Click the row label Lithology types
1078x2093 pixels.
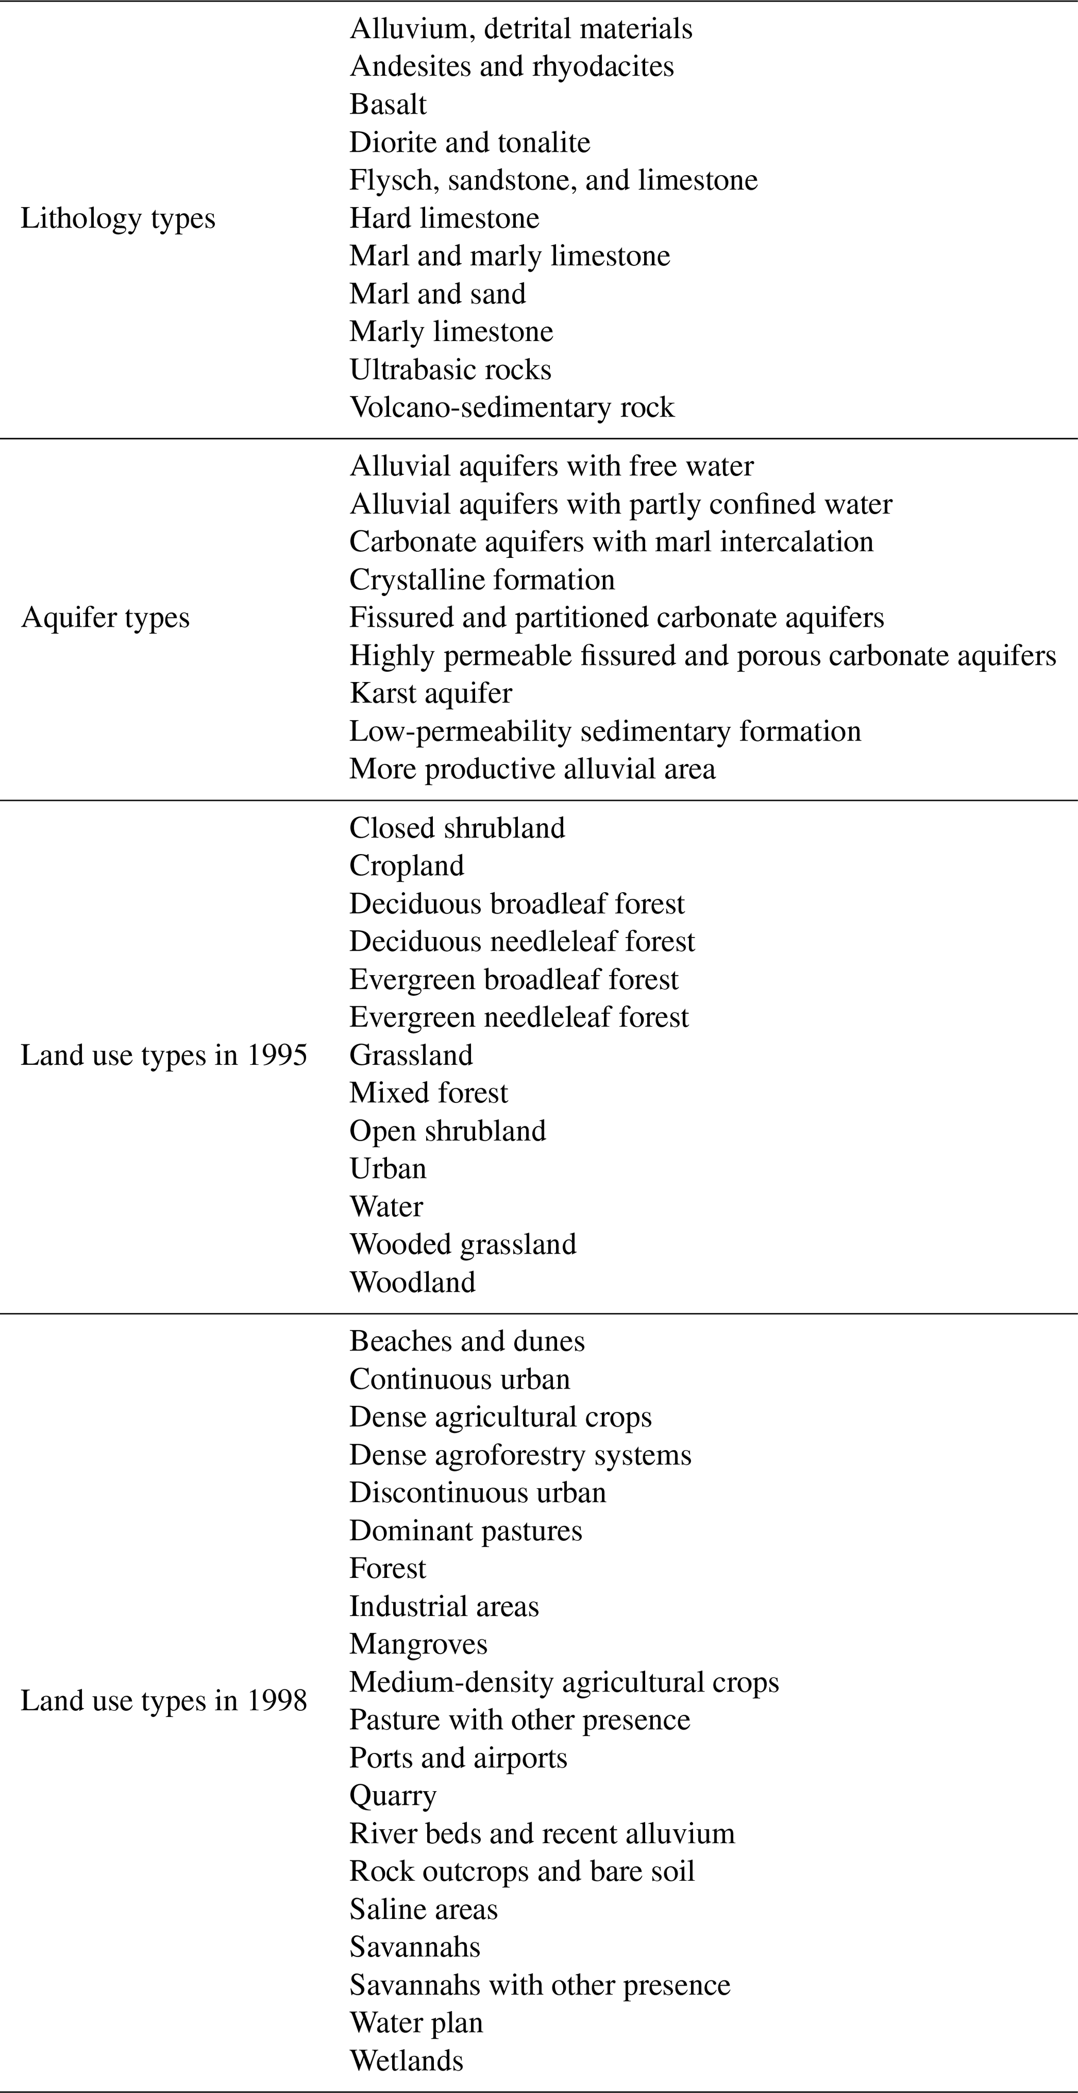[x=118, y=218]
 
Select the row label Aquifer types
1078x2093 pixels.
[x=105, y=617]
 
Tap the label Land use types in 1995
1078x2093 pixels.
[x=163, y=1055]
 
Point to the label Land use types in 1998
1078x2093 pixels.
[x=163, y=1700]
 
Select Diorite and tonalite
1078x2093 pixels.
[x=469, y=143]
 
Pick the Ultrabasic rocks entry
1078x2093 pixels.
[x=450, y=370]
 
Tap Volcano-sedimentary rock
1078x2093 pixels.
[x=512, y=408]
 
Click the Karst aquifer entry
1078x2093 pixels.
[x=431, y=693]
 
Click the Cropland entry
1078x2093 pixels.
[x=406, y=866]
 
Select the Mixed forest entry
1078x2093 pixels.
[x=428, y=1093]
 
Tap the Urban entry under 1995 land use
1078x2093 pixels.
[x=387, y=1169]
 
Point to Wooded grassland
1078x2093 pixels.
[x=462, y=1245]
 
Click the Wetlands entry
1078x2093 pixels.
[x=406, y=2061]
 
